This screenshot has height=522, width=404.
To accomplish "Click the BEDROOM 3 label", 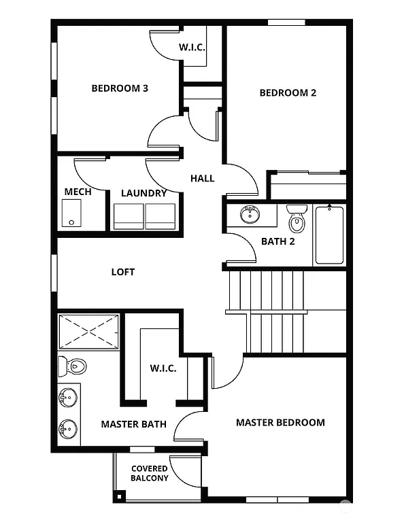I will [x=120, y=88].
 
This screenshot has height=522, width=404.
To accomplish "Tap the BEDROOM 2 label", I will [x=288, y=92].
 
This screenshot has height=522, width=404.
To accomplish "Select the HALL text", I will [x=202, y=178].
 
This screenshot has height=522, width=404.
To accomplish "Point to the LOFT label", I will [x=123, y=272].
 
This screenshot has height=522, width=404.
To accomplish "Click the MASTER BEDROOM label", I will [x=280, y=422].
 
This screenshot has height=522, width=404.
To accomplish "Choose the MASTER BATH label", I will [x=133, y=424].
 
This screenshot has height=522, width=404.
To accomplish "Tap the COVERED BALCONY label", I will [x=149, y=473].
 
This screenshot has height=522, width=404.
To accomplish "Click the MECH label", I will [x=78, y=192].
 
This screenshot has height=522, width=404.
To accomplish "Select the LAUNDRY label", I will [x=144, y=193].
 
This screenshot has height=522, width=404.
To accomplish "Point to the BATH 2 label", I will [x=277, y=241].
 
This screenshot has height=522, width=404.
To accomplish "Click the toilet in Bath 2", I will [x=297, y=219].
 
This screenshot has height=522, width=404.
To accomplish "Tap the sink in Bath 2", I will [x=250, y=215].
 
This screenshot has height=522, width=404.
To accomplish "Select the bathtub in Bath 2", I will [x=329, y=235].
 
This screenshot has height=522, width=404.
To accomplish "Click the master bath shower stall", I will [x=88, y=332].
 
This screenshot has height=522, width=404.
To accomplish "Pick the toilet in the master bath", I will [x=72, y=367].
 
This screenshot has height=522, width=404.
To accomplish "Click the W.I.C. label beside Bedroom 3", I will [x=192, y=48].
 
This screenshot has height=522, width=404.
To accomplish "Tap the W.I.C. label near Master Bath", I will [x=163, y=368].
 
